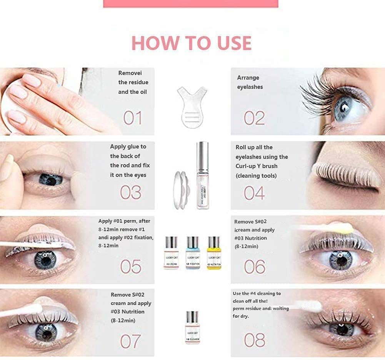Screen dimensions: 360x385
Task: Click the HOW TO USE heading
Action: (192, 43)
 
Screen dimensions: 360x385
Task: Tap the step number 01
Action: (133, 118)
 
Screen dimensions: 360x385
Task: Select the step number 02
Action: (254, 118)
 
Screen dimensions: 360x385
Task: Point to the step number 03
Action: (131, 192)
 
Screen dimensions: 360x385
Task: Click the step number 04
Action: (254, 193)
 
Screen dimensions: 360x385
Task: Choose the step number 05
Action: (131, 266)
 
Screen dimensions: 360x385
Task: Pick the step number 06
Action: (254, 266)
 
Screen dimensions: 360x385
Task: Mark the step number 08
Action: (254, 340)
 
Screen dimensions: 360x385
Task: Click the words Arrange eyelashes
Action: (250, 82)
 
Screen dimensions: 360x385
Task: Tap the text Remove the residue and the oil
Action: (133, 82)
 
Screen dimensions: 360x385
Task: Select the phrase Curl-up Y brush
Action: (256, 166)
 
